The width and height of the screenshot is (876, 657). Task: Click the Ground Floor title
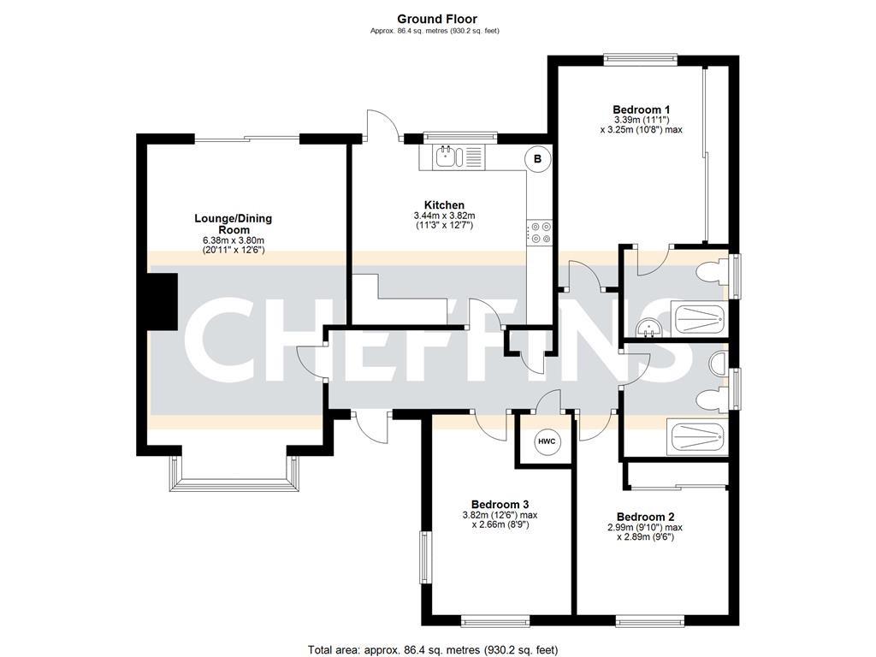(x=437, y=18)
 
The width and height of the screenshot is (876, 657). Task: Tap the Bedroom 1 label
(x=641, y=109)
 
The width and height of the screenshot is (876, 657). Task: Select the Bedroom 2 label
(x=646, y=517)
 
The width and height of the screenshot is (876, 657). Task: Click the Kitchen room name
(x=444, y=205)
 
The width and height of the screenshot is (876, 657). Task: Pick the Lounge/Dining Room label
(x=233, y=224)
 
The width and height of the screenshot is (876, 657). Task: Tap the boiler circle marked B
(x=537, y=157)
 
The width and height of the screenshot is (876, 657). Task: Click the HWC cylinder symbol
(x=546, y=441)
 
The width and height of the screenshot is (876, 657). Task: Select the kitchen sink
(x=450, y=157)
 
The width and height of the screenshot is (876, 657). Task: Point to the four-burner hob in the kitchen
(x=539, y=233)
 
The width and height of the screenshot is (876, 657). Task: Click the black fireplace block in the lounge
(x=158, y=301)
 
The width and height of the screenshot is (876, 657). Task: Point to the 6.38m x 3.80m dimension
(x=233, y=241)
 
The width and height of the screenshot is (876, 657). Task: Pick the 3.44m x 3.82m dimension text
(x=444, y=216)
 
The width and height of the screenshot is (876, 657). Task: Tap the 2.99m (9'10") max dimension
(x=646, y=528)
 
